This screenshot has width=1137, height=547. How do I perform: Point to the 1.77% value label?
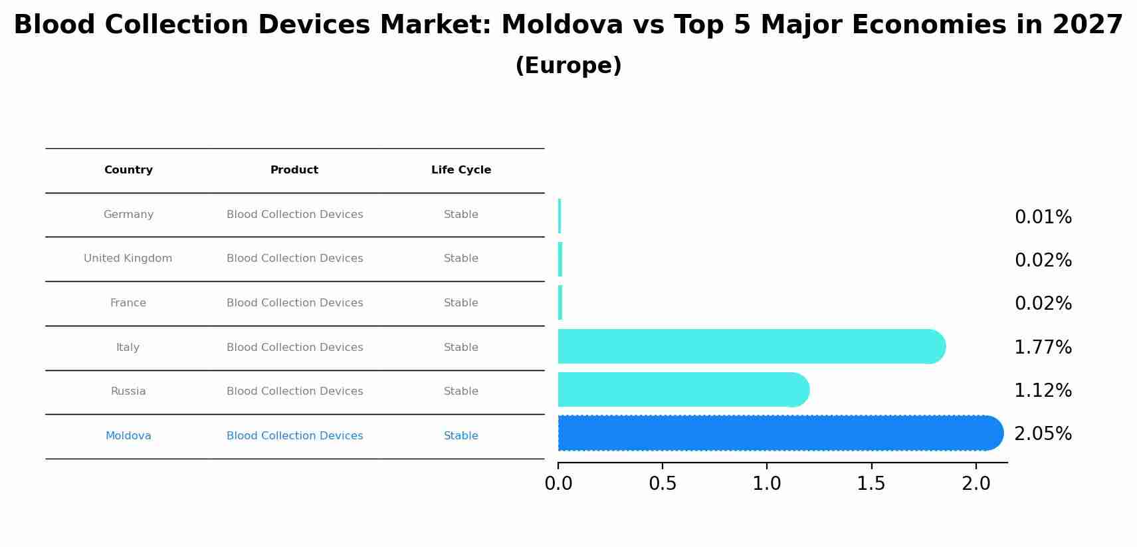point(1043,348)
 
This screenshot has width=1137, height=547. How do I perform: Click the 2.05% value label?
point(1043,434)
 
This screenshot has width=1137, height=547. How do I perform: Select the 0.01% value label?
point(1043,217)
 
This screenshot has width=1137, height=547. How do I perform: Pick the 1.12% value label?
point(1043,391)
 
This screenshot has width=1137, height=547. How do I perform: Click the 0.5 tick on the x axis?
point(663,484)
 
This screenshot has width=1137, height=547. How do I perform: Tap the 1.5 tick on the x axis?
point(871,484)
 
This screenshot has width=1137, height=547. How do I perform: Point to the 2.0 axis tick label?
point(976,484)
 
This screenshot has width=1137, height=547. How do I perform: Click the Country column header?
point(128,170)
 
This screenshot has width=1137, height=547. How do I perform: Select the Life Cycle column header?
point(461,170)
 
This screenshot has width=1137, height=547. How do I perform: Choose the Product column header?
point(294,170)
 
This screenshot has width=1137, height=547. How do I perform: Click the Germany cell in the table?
point(128,215)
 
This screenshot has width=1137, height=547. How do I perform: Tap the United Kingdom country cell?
point(128,259)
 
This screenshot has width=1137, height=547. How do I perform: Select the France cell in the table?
point(128,303)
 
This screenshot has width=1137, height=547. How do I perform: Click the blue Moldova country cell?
point(128,436)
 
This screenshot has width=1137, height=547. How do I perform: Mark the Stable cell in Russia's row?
point(461,391)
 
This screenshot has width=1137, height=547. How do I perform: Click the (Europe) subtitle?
point(568,66)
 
